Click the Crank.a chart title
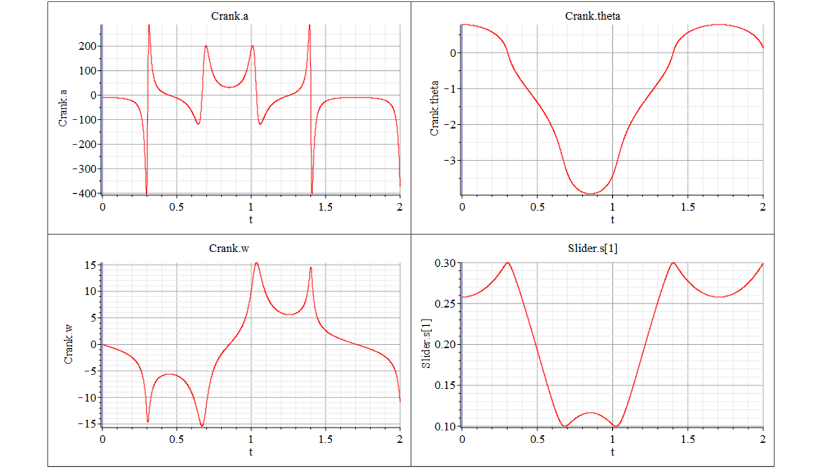pos(229,16)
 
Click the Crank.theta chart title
pos(593,16)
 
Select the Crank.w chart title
pos(229,248)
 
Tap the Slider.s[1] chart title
pos(593,248)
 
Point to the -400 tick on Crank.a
pos(84,193)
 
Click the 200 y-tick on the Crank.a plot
pos(88,47)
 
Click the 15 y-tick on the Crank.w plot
pos(91,265)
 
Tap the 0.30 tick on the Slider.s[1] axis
pos(445,263)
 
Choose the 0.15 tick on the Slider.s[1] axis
pos(445,385)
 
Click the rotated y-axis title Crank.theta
pos(434,108)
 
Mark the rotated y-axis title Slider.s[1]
pos(426,344)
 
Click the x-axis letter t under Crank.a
pos(251,220)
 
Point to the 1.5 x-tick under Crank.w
pos(326,439)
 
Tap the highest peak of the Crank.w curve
pos(256,263)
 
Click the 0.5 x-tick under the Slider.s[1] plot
pos(537,439)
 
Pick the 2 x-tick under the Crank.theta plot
pos(762,207)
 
